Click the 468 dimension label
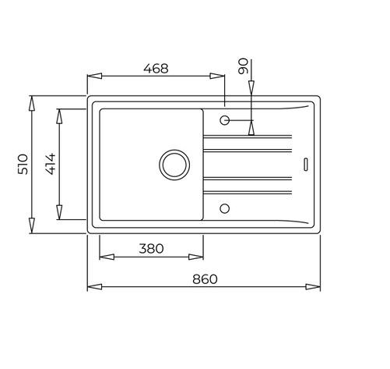[x=156, y=69]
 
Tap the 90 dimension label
[x=243, y=66]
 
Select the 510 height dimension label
[x=23, y=165]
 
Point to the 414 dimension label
[x=51, y=164]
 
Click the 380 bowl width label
[x=151, y=249]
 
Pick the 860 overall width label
[x=205, y=279]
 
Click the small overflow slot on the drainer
[x=306, y=165]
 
